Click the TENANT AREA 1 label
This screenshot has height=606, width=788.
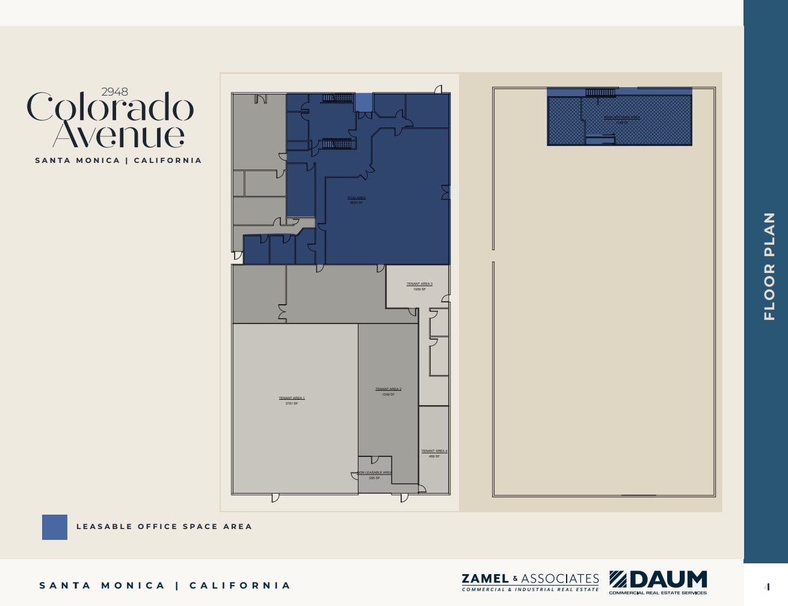coord(292,398)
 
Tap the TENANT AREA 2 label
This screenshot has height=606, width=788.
coord(388,389)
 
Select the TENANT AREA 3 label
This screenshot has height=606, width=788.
coord(419,284)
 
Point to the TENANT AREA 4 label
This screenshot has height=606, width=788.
coord(434,451)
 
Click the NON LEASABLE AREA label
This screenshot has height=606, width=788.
coord(374,473)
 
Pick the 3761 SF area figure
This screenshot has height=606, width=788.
coord(292,403)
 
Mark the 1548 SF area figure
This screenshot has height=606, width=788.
coord(388,394)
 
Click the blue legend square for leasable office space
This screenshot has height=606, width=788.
coord(55,527)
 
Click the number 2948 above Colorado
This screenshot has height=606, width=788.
coord(114,92)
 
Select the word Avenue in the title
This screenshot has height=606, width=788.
coord(119,136)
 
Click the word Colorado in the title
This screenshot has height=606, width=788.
coord(110,108)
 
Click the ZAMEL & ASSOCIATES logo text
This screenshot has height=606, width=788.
coord(530,579)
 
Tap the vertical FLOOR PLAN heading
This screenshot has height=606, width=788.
coord(769,266)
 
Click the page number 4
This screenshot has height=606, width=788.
coord(767,587)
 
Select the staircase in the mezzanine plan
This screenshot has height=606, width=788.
coord(600,93)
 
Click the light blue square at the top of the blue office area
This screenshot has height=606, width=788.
coord(363,102)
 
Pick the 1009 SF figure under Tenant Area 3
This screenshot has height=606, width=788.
coord(419,289)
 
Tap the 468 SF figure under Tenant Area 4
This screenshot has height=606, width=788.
coord(434,456)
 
